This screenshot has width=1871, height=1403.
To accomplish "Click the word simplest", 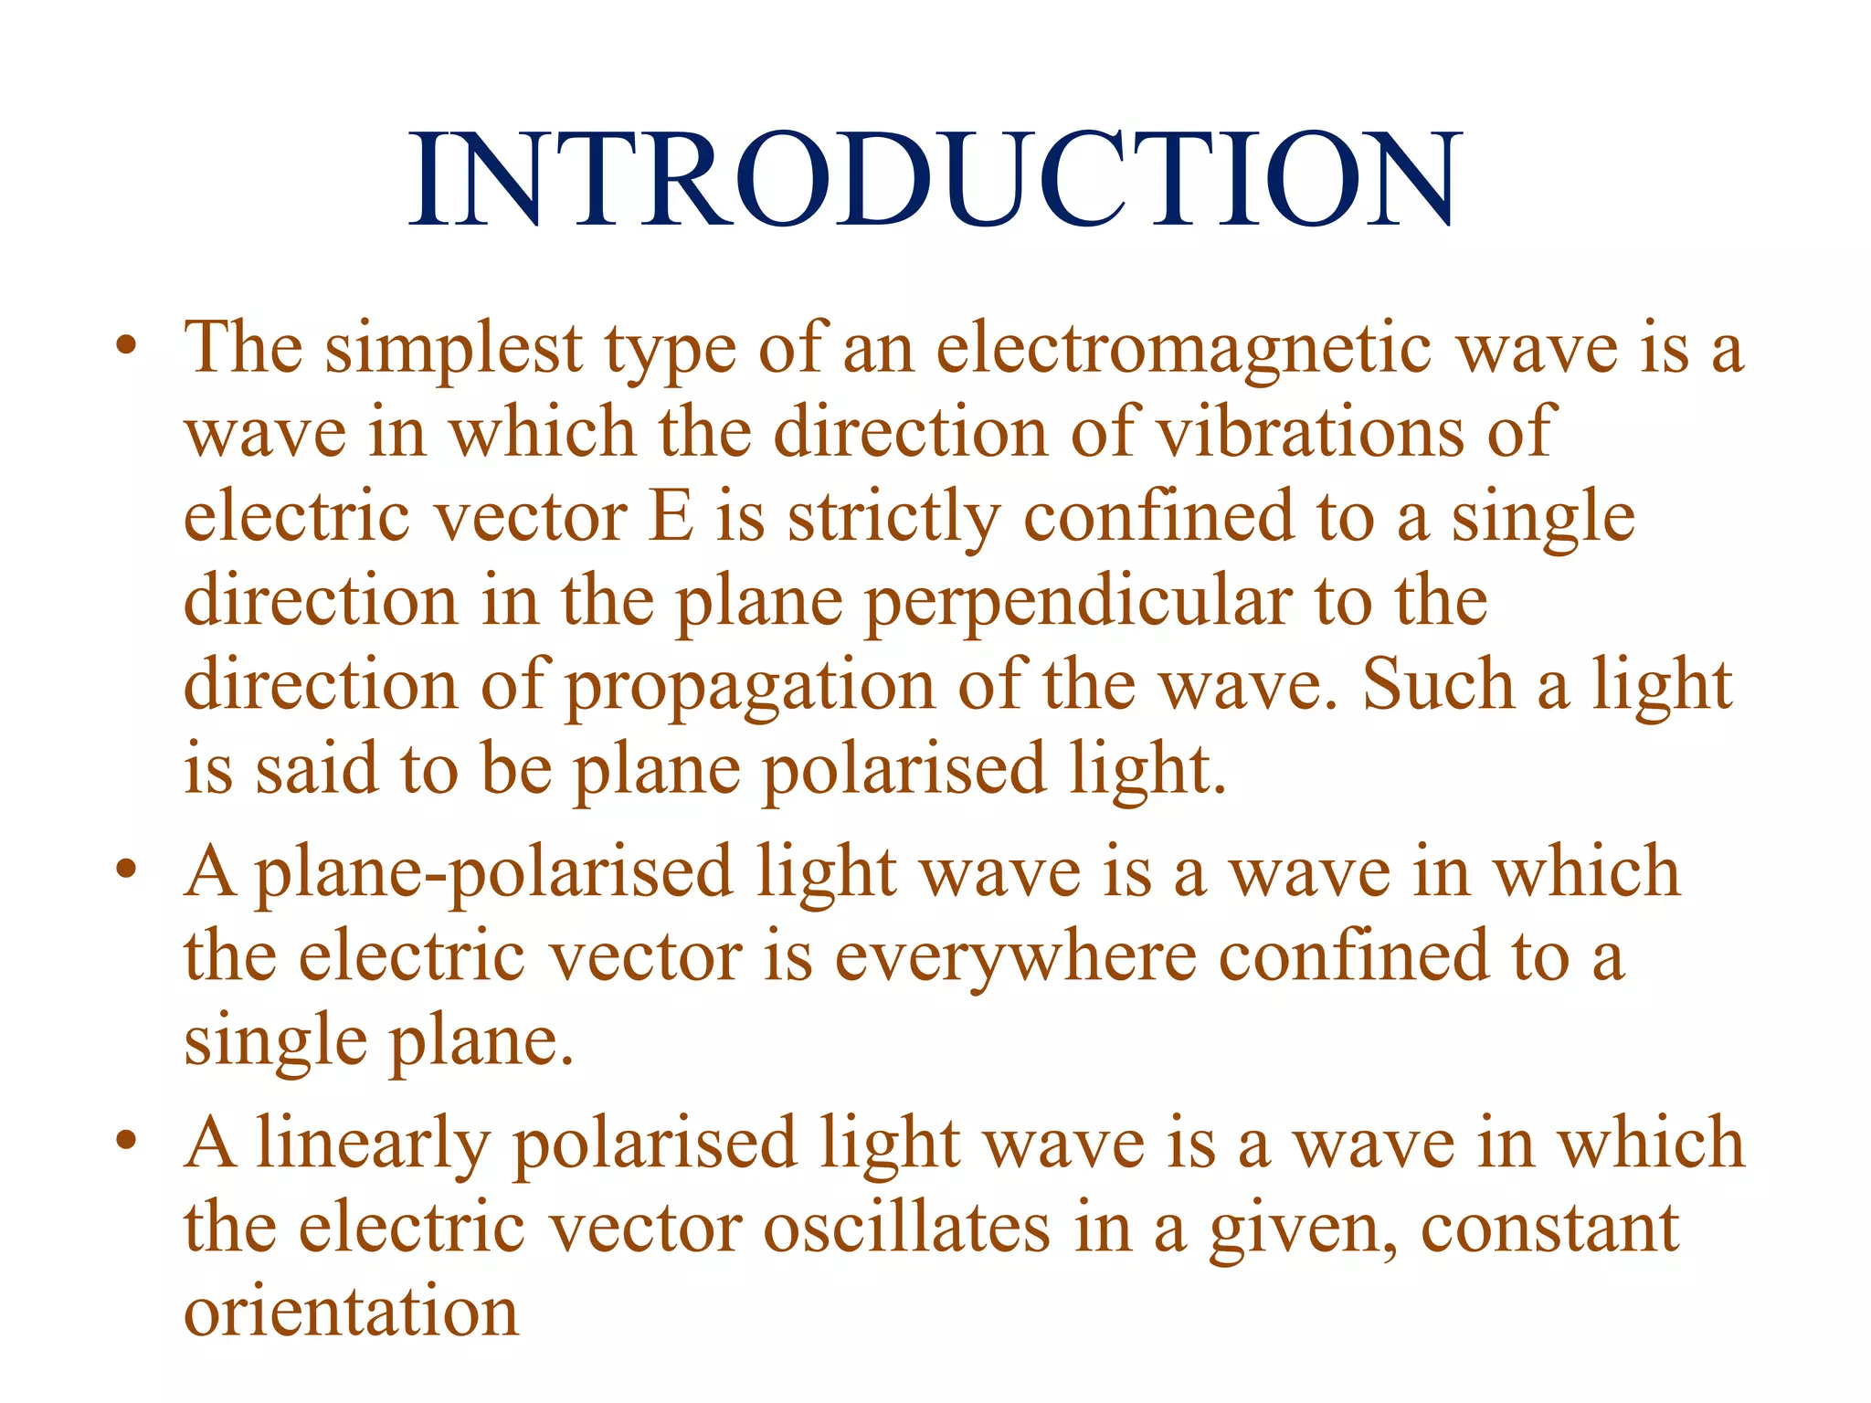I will (454, 349).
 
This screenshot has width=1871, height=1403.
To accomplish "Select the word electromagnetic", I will (1184, 349).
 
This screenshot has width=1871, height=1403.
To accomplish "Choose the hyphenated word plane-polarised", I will (493, 873).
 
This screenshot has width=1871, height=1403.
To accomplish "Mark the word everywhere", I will (1015, 958).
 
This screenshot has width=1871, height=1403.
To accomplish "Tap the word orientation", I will (352, 1313).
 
